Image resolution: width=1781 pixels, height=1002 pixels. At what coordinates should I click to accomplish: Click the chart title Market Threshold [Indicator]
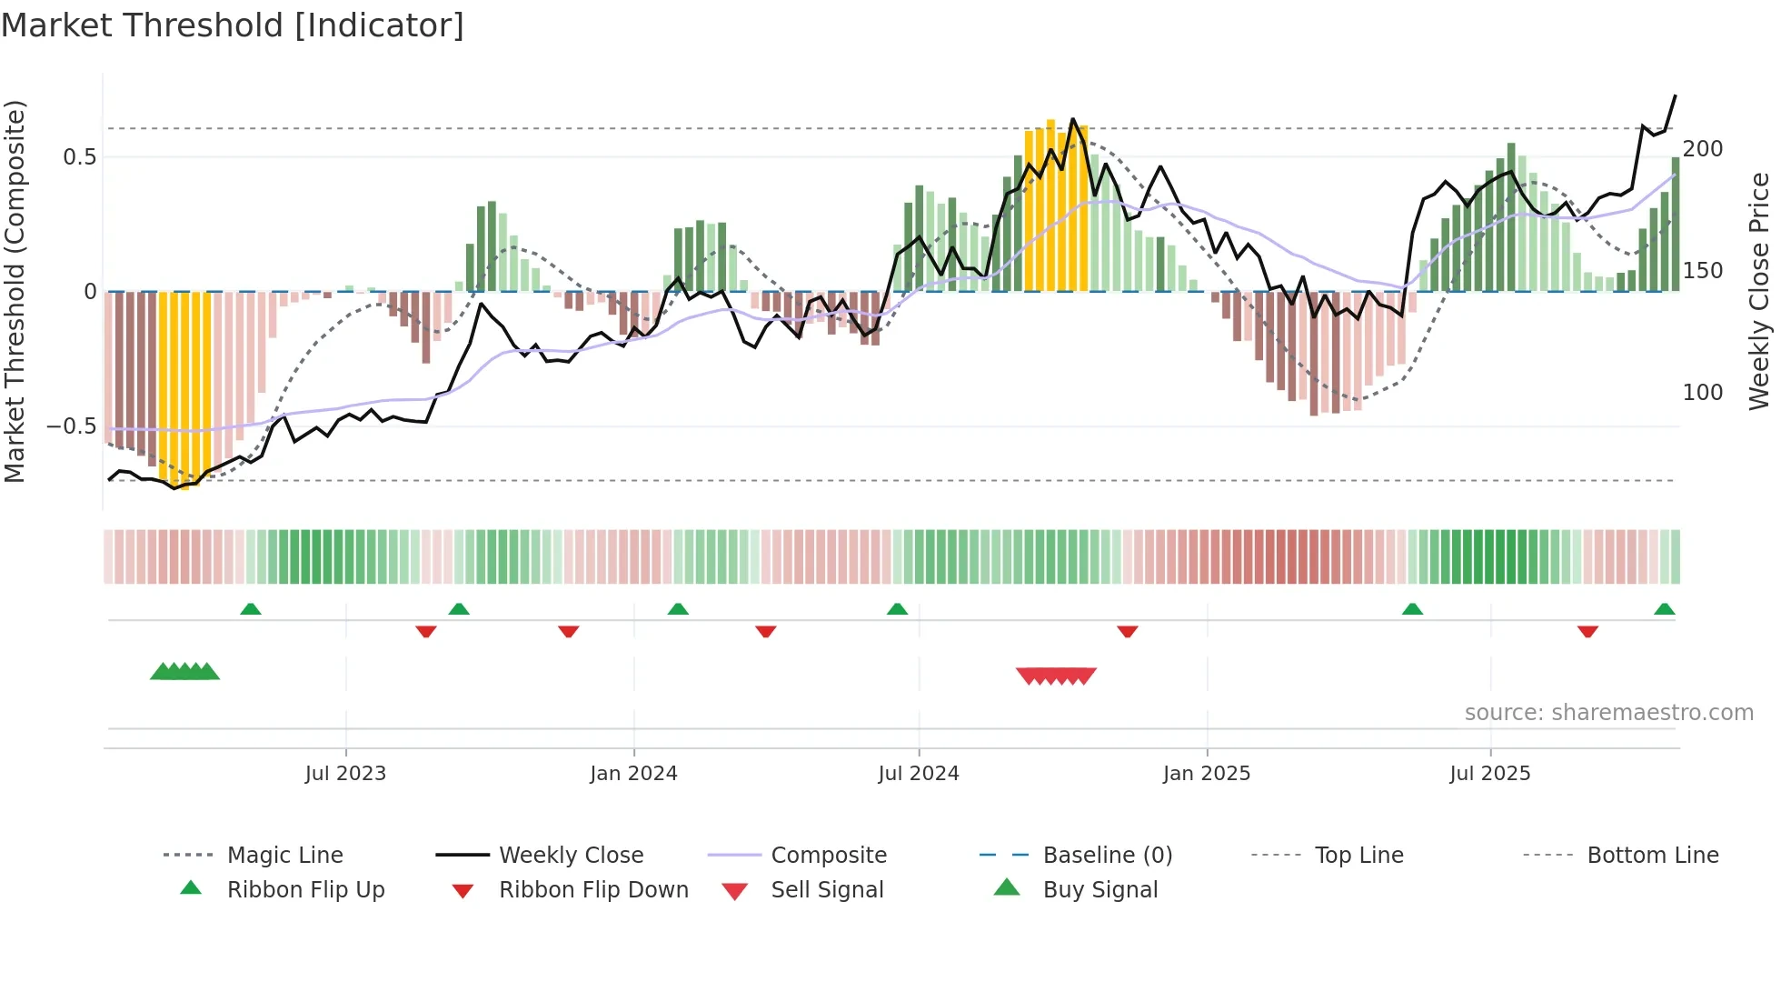[x=233, y=25]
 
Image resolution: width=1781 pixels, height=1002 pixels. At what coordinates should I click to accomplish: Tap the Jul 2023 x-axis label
[x=345, y=774]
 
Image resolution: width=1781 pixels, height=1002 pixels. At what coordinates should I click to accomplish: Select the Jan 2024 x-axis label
[x=633, y=774]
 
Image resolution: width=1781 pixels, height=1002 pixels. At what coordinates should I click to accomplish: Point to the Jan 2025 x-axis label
[x=1207, y=774]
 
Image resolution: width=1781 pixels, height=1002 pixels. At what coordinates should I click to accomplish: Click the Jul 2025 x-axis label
[x=1490, y=774]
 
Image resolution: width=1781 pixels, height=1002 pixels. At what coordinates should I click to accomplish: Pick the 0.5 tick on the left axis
[x=79, y=157]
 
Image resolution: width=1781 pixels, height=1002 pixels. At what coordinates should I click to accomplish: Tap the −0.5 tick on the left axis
[x=72, y=426]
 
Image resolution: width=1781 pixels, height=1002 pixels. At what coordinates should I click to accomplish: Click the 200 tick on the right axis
[x=1703, y=149]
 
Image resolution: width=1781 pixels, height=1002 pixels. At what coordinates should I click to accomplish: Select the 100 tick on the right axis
[x=1703, y=393]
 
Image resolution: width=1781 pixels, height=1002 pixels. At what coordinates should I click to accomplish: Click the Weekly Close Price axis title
[x=1759, y=291]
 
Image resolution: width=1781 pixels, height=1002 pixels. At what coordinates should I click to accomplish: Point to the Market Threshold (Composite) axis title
[x=15, y=291]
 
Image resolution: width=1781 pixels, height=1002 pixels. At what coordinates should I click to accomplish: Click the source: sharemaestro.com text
[x=1608, y=713]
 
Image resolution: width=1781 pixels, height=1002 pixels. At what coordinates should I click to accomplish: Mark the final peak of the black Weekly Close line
[x=1675, y=95]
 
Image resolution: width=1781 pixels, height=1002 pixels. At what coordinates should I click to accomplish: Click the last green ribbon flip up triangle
[x=1664, y=609]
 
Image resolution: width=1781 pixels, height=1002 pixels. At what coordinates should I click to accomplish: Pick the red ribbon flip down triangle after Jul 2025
[x=1587, y=632]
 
